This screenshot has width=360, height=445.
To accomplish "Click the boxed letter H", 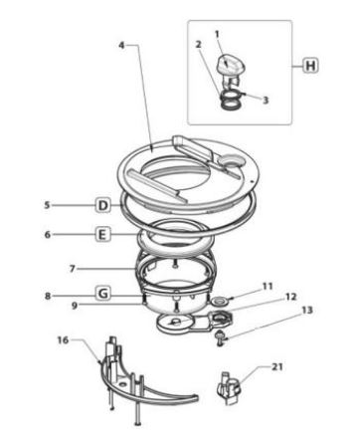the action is point(310,66).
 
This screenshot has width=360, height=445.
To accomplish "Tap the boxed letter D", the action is point(103,205).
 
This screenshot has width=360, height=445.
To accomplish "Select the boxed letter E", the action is point(102,234).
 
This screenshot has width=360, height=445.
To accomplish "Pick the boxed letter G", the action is point(103,294).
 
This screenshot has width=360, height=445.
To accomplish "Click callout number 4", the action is point(122,45).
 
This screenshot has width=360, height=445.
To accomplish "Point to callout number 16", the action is point(63,340).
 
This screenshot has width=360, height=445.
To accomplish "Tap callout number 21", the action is point(277,367).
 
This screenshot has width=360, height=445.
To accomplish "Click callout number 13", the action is point(307,311).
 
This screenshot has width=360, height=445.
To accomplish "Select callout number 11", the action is point(268,286).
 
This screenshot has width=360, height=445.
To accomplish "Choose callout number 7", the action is point(73,269).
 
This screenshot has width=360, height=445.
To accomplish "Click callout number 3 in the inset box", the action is point(266,100).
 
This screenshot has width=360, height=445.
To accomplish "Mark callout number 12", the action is point(290,297).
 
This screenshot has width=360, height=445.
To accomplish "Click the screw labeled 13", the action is point(220,338).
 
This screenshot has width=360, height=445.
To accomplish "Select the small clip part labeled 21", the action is point(230,387).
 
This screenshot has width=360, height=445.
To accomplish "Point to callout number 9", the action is point(75,305).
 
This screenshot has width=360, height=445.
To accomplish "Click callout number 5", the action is point(48,205).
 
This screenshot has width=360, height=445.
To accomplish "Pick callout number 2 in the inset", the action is point(198,45).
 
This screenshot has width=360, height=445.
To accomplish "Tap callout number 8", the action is point(48,296).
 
